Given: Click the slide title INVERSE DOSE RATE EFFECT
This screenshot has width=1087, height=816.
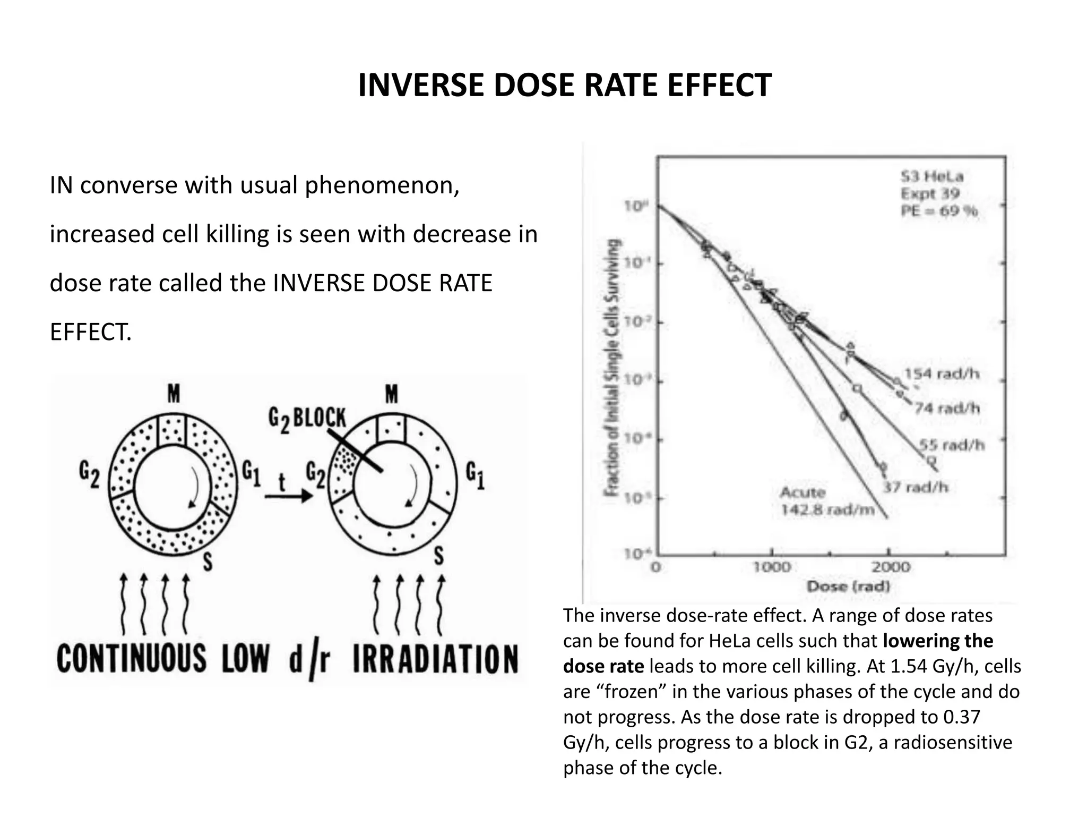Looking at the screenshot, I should (x=565, y=85).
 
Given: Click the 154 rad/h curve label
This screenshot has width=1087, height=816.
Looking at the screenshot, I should (x=942, y=374).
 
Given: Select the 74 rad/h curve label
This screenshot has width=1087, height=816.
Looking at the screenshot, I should (x=947, y=408).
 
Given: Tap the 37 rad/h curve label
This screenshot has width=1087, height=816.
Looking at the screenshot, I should (x=916, y=487).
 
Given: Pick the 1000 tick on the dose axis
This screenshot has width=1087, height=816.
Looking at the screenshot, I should (x=772, y=567).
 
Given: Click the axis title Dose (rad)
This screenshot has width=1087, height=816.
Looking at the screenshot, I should (x=848, y=586).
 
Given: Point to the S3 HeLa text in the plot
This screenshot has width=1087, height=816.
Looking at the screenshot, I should (x=932, y=177).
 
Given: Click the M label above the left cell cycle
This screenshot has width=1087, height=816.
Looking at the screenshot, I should (x=174, y=394).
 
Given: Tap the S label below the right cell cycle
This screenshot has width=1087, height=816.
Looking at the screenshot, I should (x=439, y=557).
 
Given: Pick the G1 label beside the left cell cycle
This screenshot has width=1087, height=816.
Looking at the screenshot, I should (x=252, y=473).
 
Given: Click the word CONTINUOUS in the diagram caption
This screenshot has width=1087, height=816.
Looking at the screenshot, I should (x=131, y=659).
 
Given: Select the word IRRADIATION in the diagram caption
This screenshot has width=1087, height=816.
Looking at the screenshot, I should (x=435, y=659).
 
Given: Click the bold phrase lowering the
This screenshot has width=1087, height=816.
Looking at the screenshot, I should (x=938, y=641).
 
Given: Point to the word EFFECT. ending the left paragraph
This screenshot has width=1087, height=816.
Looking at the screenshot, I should (x=90, y=333).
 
